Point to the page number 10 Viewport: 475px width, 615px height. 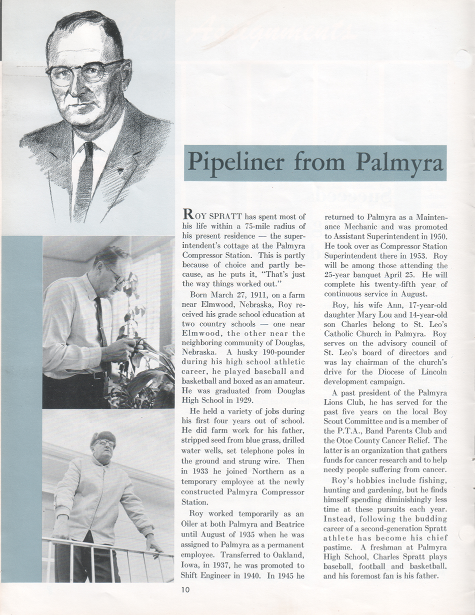pos(185,589)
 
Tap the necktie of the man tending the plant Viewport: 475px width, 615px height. pos(100,325)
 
